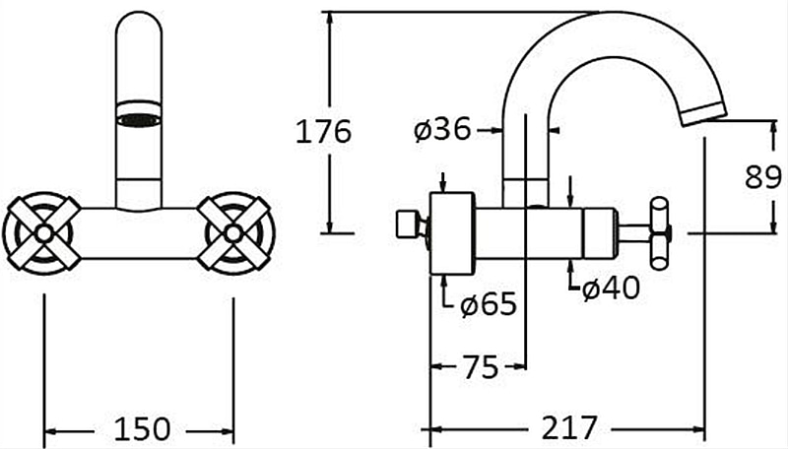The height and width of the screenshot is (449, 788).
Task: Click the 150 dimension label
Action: point(142,429)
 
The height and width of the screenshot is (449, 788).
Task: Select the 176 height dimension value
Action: point(323,132)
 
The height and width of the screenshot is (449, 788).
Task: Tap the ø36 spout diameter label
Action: point(442,130)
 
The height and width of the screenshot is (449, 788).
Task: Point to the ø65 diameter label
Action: point(488,303)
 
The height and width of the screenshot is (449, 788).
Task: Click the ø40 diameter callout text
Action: point(611,288)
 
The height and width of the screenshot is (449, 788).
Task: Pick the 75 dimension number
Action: point(480,366)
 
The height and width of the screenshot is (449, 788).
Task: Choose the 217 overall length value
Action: point(569,428)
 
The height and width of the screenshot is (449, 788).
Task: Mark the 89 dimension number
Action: point(762,177)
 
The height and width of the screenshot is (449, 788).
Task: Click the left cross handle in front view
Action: point(43,233)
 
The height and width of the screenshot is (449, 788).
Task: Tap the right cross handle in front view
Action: point(233,233)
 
